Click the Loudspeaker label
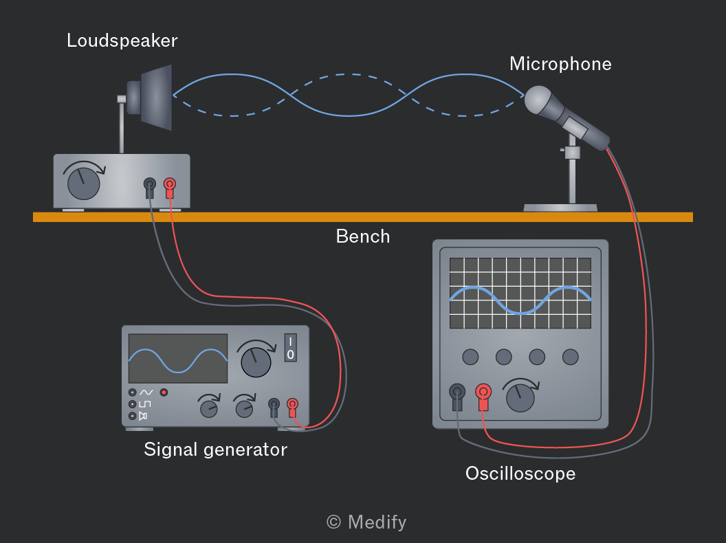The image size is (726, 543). point(122,41)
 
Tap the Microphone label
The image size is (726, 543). point(560,64)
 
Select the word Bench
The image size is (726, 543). point(363,236)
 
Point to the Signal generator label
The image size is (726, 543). point(215,450)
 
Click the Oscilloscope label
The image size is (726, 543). point(520,474)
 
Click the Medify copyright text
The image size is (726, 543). point(366,522)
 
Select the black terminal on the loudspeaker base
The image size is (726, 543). point(150,187)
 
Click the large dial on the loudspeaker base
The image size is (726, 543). point(84,183)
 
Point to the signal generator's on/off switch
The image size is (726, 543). point(290,348)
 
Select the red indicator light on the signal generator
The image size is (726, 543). point(164,392)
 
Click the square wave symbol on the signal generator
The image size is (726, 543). point(145,404)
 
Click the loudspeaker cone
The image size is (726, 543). point(157,97)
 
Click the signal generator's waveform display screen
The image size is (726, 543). point(178,358)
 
